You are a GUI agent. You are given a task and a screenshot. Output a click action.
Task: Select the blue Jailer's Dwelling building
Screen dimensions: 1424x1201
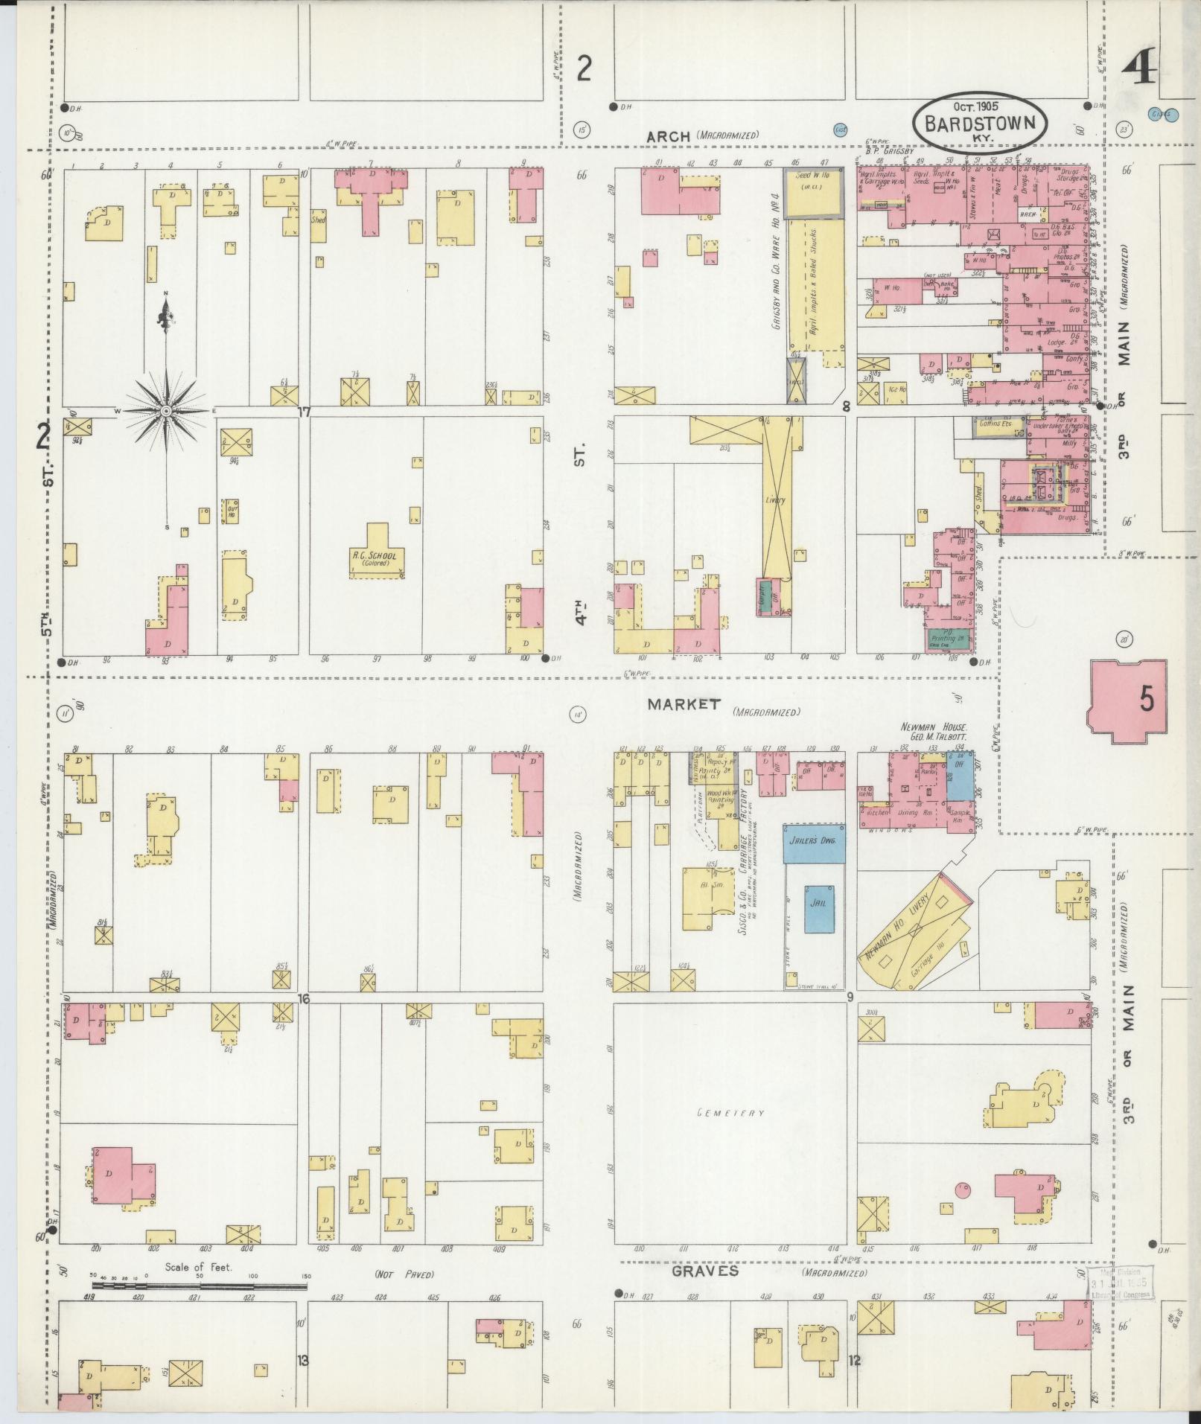coord(814,843)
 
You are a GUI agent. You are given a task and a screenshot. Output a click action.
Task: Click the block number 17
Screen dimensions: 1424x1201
coord(305,411)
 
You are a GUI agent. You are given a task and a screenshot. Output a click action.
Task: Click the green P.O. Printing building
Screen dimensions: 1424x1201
coord(947,638)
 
